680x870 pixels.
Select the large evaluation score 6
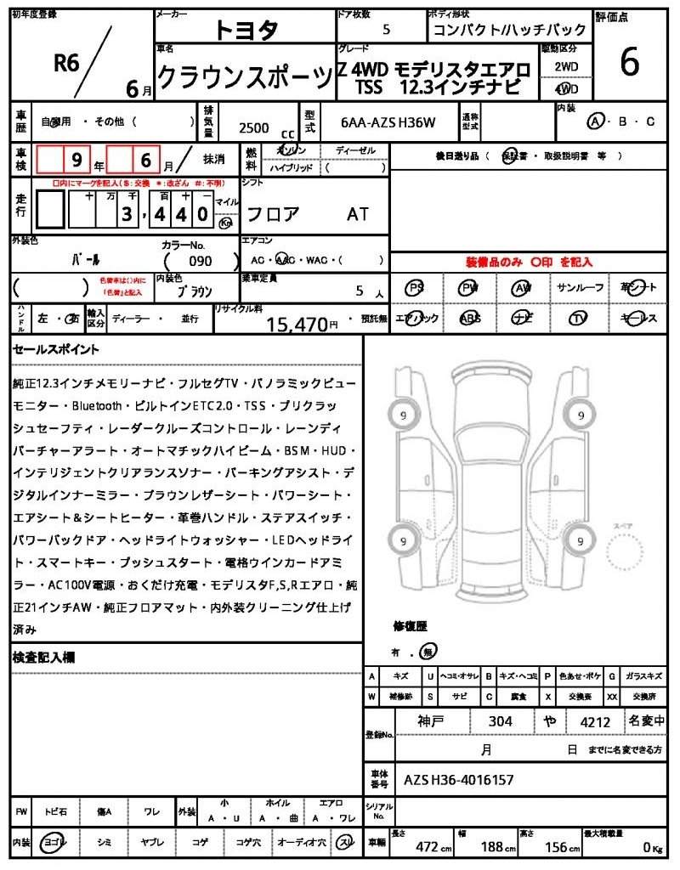[x=630, y=63]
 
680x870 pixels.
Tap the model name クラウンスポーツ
[x=244, y=78]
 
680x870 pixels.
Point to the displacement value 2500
[x=254, y=127]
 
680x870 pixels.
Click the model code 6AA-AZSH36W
[x=388, y=123]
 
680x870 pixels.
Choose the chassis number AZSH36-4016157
[x=458, y=779]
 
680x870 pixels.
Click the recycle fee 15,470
[x=297, y=324]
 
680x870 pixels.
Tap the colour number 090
[x=201, y=261]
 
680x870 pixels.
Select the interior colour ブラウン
[x=195, y=291]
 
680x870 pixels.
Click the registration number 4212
[x=595, y=722]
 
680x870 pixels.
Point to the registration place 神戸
[x=432, y=722]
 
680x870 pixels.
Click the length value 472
[x=426, y=846]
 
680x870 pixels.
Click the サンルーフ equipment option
[x=581, y=288]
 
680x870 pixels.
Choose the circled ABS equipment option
[x=469, y=319]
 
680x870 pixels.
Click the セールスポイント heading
[x=56, y=349]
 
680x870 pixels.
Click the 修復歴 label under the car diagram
[x=410, y=626]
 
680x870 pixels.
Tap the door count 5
[x=387, y=30]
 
